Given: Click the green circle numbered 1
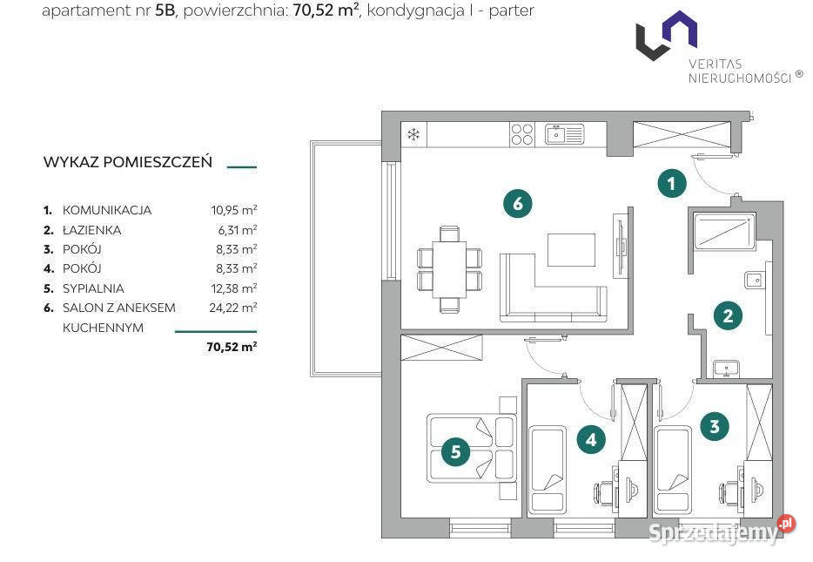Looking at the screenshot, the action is coord(671,183).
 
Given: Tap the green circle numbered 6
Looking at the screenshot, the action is coord(517,203).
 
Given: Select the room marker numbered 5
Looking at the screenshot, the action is coord(456,451).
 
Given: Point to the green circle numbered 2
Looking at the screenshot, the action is coord(728,315).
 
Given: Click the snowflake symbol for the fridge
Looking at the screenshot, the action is coord(413,135).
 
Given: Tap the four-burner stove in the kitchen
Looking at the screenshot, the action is coord(521,134).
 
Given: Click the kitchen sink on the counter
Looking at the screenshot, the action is coord(564,134).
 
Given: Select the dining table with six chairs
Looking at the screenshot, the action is coord(449,269).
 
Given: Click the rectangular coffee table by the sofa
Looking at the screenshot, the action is coord(571,250).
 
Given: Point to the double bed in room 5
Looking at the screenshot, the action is coord(471,449).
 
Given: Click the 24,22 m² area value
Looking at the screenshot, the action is coord(232,308).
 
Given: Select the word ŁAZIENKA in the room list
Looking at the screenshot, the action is coord(91,230).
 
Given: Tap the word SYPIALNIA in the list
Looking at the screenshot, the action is coord(93,288).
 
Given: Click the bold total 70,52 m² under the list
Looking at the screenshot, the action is coord(232,347).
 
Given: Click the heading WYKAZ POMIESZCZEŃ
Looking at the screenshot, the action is coord(128,162).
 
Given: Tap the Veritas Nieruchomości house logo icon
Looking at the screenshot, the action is coord(667,35).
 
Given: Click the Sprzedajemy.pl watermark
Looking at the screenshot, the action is coord(722,531).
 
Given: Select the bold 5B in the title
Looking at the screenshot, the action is coord(165,10).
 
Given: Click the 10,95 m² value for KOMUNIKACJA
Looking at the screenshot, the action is coord(234,210).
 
